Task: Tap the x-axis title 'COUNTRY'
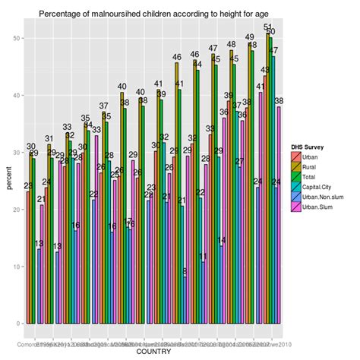[153, 352]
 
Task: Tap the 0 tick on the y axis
[17, 324]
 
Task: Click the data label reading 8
[185, 272]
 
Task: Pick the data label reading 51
[267, 27]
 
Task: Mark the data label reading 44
[198, 65]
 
